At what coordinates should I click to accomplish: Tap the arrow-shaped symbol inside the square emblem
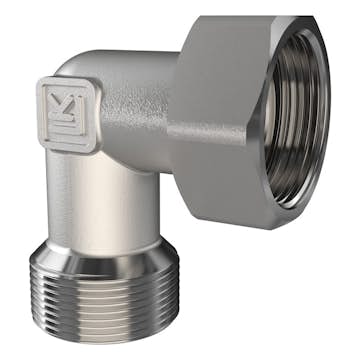tap(68, 104)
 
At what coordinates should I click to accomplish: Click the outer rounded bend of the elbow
tap(75, 70)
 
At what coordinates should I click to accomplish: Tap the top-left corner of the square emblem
tap(41, 86)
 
